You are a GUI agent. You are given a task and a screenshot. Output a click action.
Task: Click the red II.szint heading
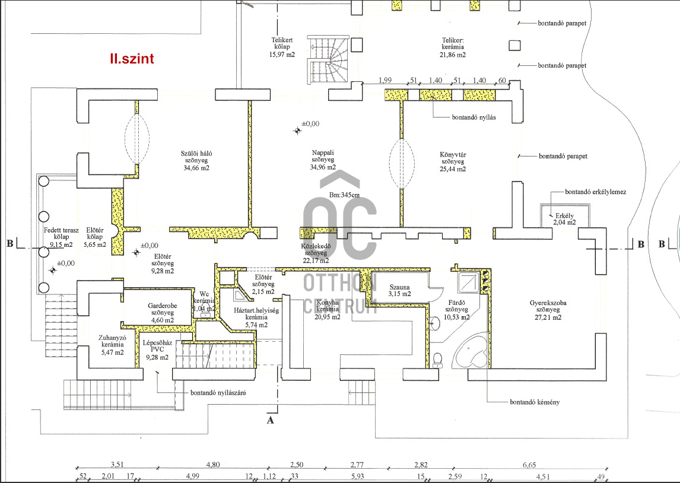tap(132, 59)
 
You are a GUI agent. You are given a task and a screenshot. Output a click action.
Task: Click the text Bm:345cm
tap(344, 195)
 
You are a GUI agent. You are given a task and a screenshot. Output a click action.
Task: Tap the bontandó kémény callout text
tap(534, 402)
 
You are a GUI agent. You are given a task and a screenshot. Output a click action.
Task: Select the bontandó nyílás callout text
tap(474, 117)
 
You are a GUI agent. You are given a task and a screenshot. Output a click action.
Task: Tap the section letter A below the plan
tap(271, 421)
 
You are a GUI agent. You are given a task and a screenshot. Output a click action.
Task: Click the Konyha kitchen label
tap(328, 309)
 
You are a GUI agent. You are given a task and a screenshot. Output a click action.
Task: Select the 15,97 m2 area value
tap(282, 55)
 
